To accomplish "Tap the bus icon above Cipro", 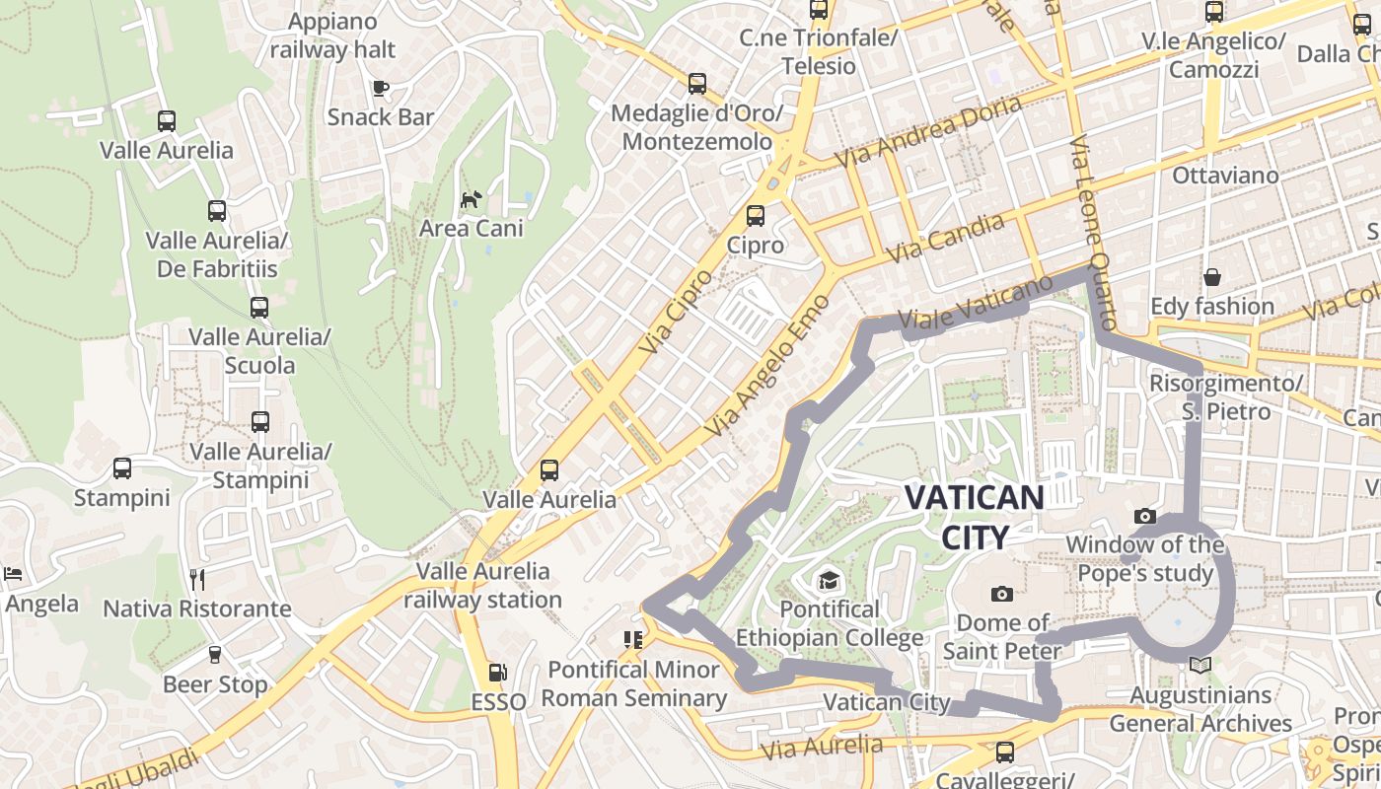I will click(756, 215).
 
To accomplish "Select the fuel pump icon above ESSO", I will click(498, 674).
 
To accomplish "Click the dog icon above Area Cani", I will click(472, 199).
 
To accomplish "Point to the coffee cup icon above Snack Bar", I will click(381, 89).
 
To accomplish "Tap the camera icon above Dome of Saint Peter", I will click(1002, 594).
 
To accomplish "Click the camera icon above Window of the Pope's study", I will click(1144, 516).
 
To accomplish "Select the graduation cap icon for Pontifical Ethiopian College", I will click(829, 581).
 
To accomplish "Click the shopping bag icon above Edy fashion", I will click(1211, 277).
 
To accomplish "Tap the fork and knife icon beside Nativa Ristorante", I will click(197, 579).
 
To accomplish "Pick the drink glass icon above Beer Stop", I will click(215, 655).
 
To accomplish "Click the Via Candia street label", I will click(945, 238).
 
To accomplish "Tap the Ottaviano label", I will click(1225, 176).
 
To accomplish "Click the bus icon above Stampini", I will click(122, 468).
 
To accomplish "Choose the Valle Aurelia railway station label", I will click(483, 585).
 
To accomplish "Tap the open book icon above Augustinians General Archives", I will click(1199, 666).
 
